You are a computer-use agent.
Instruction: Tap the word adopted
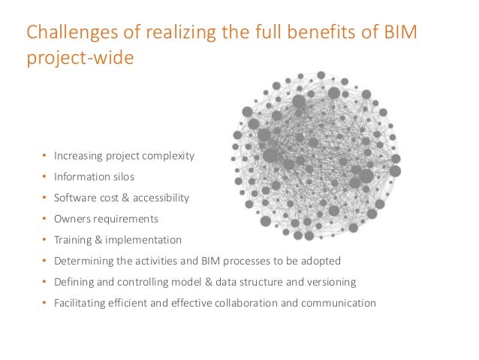click(322, 262)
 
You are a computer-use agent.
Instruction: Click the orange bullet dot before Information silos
click(44, 178)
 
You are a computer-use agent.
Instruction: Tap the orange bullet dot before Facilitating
click(44, 304)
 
